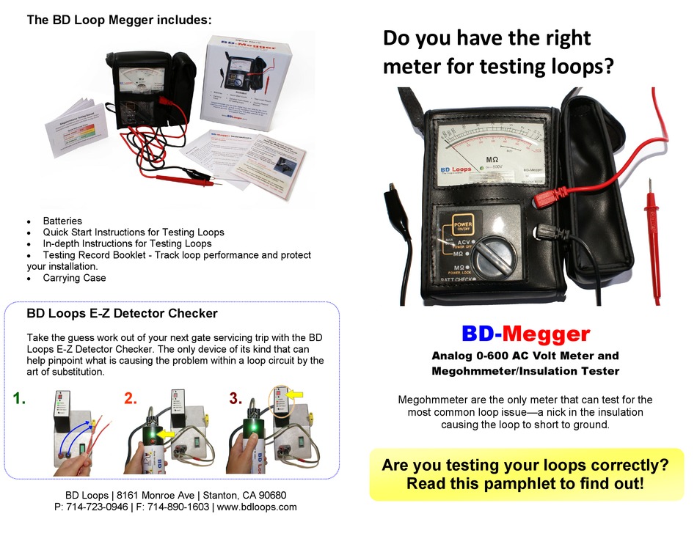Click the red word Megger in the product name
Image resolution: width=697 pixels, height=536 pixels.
[546, 334]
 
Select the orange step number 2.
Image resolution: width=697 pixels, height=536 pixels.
[131, 399]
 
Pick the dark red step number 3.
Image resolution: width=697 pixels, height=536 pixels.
[236, 399]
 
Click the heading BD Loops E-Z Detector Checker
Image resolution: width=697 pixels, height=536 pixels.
[122, 314]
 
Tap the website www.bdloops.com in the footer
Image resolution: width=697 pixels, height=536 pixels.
[257, 507]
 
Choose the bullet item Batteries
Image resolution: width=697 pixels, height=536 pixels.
[62, 221]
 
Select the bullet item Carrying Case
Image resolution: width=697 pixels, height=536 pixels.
[74, 278]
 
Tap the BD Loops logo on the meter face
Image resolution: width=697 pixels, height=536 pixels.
[456, 169]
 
